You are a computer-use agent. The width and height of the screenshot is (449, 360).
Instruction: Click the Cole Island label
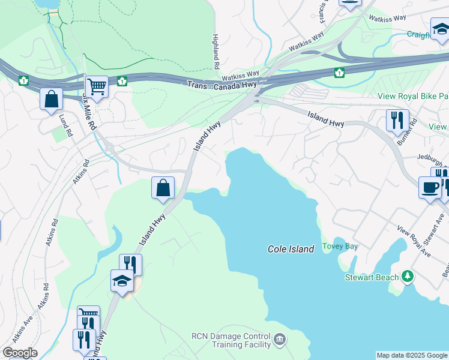click(291, 249)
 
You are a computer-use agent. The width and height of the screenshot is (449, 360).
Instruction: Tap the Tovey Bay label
click(340, 246)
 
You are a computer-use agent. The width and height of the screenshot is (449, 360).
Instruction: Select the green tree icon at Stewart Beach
click(408, 276)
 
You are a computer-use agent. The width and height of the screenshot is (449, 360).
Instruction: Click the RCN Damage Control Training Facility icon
click(279, 341)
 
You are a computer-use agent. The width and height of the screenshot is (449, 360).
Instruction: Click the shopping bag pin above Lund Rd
click(52, 98)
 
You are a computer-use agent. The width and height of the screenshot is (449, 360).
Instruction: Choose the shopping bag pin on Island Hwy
click(163, 188)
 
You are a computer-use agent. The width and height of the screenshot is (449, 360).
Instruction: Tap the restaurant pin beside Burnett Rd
click(397, 120)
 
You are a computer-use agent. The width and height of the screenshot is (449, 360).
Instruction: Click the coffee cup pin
click(430, 187)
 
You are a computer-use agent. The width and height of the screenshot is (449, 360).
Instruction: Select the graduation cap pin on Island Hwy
click(122, 280)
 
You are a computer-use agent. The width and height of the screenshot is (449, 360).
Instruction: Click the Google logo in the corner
click(20, 353)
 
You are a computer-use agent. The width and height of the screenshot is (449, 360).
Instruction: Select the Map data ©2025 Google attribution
click(412, 355)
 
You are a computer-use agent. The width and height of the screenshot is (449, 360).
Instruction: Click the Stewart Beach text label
click(372, 277)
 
